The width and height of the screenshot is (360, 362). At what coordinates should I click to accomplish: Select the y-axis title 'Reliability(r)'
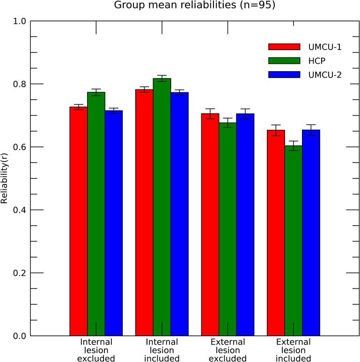click(5, 178)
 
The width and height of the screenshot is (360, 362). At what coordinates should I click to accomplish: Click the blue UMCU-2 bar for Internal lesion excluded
click(114, 223)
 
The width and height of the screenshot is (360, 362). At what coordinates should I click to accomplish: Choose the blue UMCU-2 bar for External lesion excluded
click(245, 224)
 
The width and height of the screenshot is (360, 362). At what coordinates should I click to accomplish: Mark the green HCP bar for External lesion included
click(294, 241)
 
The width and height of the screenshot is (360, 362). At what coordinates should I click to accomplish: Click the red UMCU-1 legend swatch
click(284, 46)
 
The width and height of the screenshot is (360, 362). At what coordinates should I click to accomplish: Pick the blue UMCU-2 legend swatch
click(284, 74)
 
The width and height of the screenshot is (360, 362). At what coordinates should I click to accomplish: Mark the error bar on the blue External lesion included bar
click(311, 130)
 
